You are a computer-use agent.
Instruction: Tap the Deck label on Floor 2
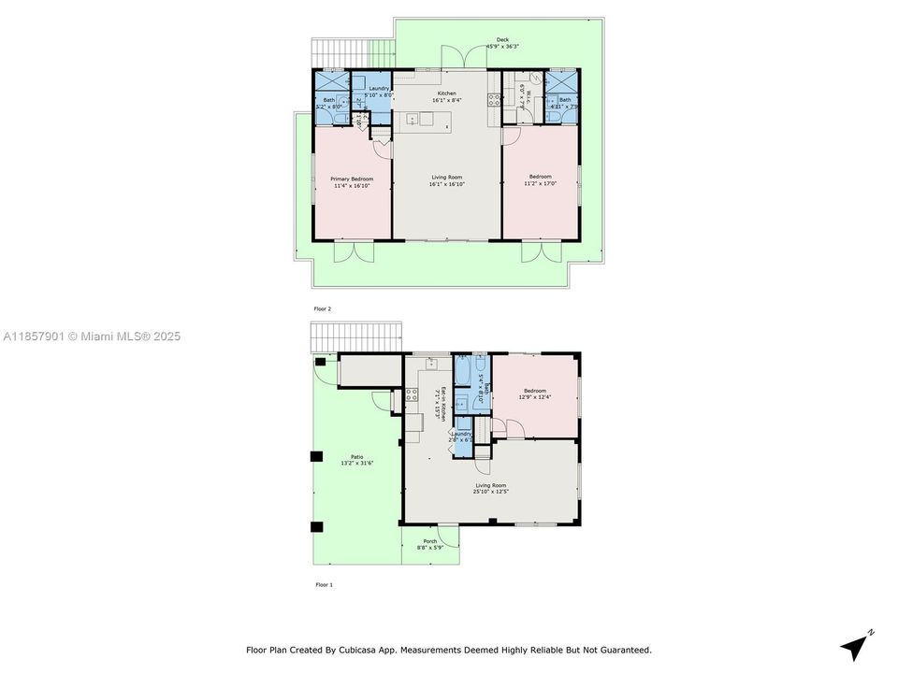tap(502, 40)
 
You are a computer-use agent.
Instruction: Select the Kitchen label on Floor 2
tap(446, 93)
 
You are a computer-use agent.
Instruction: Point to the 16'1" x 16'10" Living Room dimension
tap(446, 185)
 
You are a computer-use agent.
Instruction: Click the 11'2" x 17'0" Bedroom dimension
tap(540, 184)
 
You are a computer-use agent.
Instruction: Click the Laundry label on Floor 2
tap(378, 89)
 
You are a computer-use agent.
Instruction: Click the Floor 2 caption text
tap(323, 308)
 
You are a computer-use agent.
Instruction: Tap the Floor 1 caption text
tap(324, 584)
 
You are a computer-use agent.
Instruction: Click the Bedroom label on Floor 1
tap(534, 391)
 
